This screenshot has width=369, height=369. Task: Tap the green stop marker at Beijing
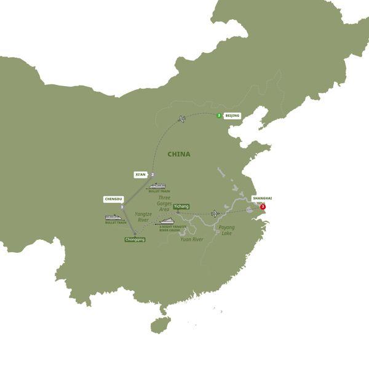coord(219,115)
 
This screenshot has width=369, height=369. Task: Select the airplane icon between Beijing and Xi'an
coord(181,118)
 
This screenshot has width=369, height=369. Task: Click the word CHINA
coord(179,154)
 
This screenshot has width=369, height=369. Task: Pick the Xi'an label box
coord(141,175)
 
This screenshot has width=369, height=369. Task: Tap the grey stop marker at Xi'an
coord(151,175)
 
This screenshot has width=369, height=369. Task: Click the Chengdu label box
coord(114,199)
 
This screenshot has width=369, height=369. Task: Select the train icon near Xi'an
coord(158,186)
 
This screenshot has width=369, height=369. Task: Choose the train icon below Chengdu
coord(115,217)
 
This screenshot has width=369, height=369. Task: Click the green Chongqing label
coord(135,239)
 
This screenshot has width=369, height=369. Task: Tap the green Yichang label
coord(181,207)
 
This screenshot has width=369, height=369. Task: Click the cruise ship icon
coord(167,222)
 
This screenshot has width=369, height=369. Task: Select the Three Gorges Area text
coord(164,204)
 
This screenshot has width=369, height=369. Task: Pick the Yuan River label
coord(191,239)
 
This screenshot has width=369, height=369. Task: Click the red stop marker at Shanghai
coord(263,207)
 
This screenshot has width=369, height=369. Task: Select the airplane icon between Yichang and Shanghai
coord(215,213)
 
